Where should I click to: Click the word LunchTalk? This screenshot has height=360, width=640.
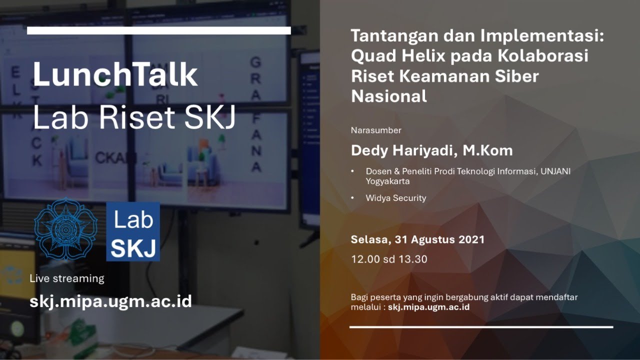[x=115, y=75]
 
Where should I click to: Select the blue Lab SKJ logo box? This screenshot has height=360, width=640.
[x=133, y=232]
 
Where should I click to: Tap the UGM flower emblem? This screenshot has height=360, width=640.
[x=67, y=229]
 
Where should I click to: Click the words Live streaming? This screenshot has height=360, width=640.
[x=67, y=278]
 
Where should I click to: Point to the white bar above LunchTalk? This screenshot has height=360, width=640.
[x=159, y=30]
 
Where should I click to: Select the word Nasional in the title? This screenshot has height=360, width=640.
[x=389, y=95]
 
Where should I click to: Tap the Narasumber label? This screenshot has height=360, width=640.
[x=376, y=130]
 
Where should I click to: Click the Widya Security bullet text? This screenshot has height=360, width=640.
[x=396, y=198]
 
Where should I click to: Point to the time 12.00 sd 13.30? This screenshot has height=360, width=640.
[x=389, y=259]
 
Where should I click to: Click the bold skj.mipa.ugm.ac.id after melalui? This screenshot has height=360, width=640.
[x=428, y=307]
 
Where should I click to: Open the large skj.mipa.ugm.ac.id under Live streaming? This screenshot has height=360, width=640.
[x=110, y=301]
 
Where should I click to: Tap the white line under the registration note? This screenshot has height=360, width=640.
[x=481, y=327]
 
